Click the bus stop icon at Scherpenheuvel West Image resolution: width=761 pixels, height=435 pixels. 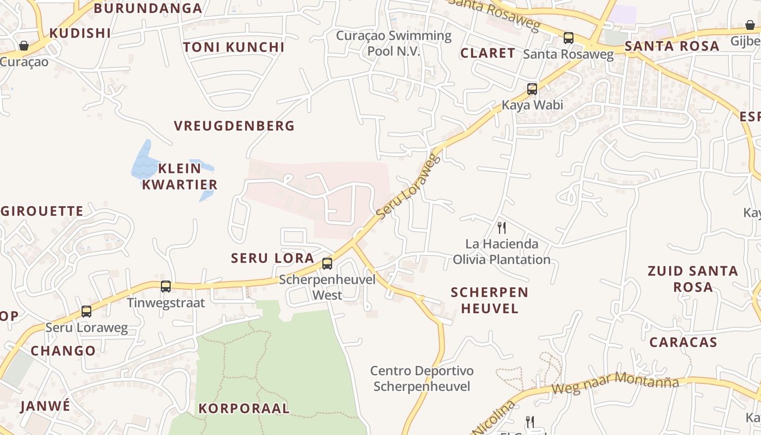[x=327, y=264]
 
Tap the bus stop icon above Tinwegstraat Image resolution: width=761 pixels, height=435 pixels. [x=166, y=286]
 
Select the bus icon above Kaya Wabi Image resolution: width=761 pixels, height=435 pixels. [x=532, y=89]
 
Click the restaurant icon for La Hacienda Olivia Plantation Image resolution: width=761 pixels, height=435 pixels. [x=502, y=227]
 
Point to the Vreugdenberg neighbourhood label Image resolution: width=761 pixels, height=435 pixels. [x=234, y=126]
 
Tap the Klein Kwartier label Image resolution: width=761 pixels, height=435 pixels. [x=180, y=176]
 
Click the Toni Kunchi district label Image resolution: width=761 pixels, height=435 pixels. [x=234, y=47]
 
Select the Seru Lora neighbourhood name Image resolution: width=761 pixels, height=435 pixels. [x=273, y=258]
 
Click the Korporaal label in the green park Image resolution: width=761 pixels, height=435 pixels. [x=244, y=408]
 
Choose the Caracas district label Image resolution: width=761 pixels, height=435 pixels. [x=683, y=343]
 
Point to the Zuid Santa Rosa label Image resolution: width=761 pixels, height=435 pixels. [x=693, y=279]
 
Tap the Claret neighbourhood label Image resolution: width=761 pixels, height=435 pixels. [x=488, y=53]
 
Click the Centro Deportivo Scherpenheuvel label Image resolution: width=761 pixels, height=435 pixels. [x=422, y=379]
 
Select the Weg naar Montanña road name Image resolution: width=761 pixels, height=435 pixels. [x=615, y=384]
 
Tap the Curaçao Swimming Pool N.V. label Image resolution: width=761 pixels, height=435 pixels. [x=394, y=43]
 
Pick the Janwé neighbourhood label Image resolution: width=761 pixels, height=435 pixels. [x=46, y=406]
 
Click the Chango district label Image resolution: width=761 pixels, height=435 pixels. [x=63, y=351]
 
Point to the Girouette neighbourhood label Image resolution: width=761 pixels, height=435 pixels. [x=42, y=211]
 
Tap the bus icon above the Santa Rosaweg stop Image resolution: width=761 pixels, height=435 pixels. [x=569, y=38]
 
